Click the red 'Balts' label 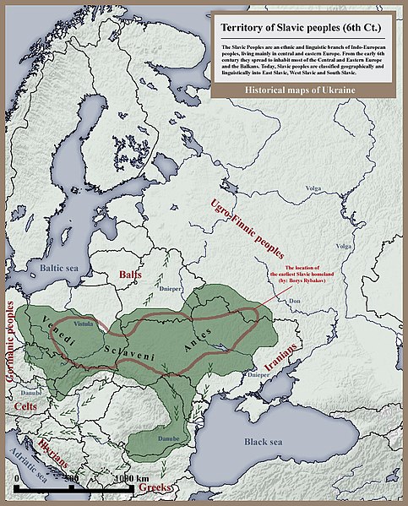pyautogui.click(x=130, y=275)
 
